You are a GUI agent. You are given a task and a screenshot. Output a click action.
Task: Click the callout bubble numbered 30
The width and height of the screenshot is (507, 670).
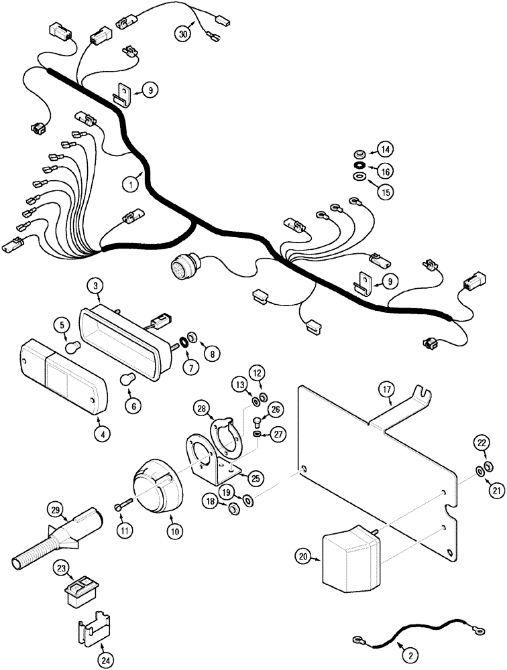tap(183, 33)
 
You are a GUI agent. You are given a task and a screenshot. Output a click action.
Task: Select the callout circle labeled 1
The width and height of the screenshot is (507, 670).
tap(131, 182)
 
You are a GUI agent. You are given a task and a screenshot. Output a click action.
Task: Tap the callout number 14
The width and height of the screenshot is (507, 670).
tap(385, 149)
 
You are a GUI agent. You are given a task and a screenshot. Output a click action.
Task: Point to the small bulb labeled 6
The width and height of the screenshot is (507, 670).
tap(127, 381)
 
